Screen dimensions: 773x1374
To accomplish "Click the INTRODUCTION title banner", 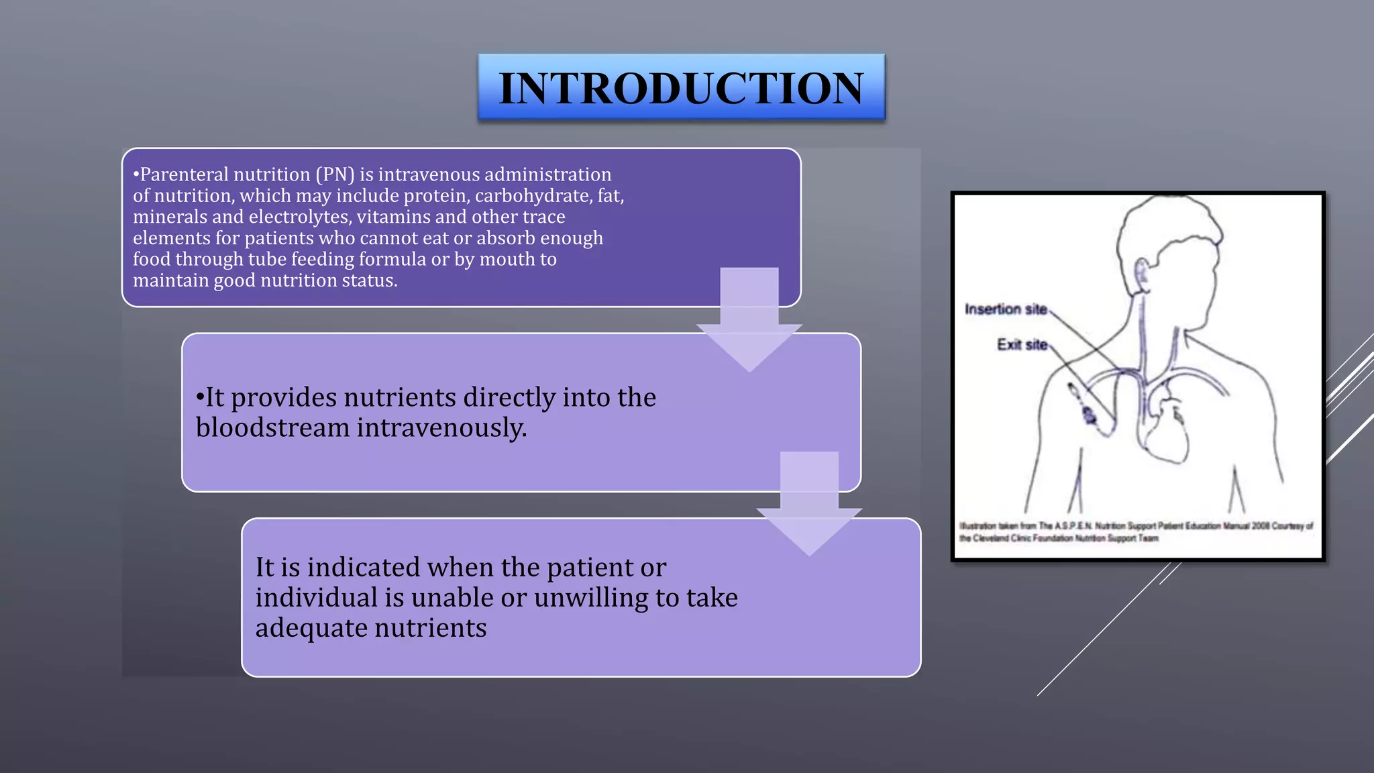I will pos(681,88).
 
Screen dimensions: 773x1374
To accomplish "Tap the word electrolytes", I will pos(300,217).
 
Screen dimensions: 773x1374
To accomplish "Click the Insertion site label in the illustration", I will pos(1005,309).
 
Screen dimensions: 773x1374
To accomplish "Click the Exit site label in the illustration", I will pos(1021,345).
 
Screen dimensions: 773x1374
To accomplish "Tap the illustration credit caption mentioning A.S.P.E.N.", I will pos(1135,532).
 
